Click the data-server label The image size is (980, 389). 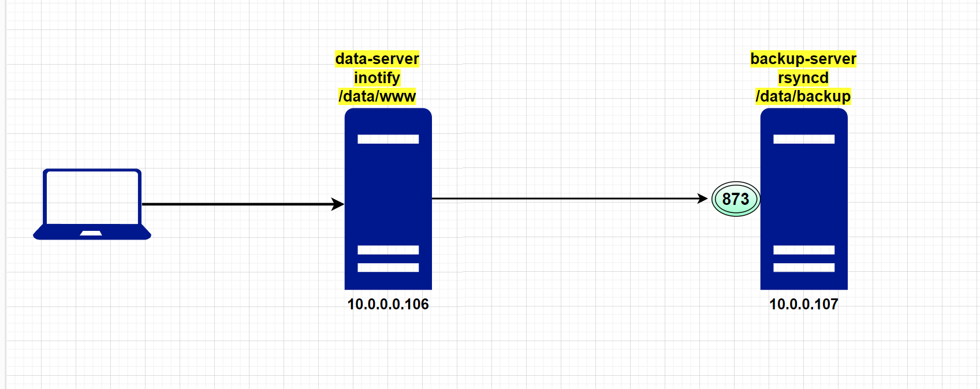(x=377, y=59)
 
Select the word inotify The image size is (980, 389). (x=377, y=78)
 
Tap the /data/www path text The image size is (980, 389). (x=377, y=96)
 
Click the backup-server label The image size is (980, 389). (x=803, y=59)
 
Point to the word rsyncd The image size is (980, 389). (x=803, y=78)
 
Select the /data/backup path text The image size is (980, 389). (x=803, y=96)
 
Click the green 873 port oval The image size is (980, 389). (x=736, y=199)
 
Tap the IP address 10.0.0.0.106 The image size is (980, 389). (x=388, y=304)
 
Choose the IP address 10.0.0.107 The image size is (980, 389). (x=804, y=304)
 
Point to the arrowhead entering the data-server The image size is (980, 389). (x=338, y=204)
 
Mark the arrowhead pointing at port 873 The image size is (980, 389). (x=703, y=199)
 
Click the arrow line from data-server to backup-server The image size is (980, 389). (x=566, y=199)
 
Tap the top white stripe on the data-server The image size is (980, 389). (x=388, y=139)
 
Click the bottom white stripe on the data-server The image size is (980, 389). (x=388, y=267)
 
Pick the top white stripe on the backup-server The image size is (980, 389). (x=804, y=139)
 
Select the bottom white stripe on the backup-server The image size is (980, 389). (x=804, y=267)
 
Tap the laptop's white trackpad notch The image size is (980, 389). (x=91, y=233)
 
